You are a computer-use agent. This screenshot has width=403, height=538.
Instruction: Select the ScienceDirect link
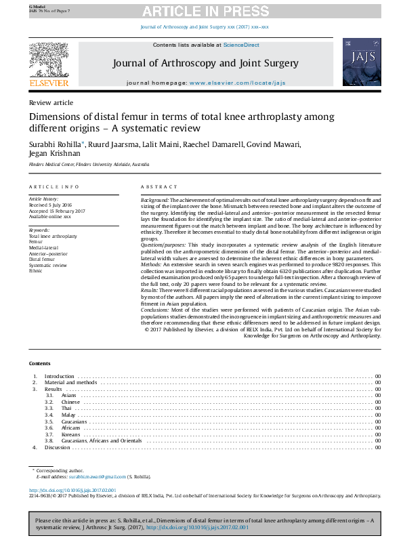click(x=242, y=45)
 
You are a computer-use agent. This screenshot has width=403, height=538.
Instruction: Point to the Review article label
click(x=51, y=103)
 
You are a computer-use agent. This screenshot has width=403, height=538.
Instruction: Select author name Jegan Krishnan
click(x=53, y=154)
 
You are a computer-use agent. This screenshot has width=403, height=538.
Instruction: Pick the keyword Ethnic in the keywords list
click(x=35, y=270)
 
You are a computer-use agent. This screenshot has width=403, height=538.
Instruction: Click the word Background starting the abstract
click(x=154, y=201)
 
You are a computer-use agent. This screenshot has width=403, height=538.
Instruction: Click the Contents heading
click(x=40, y=364)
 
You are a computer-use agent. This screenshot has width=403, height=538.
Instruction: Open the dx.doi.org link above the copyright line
click(x=72, y=489)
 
